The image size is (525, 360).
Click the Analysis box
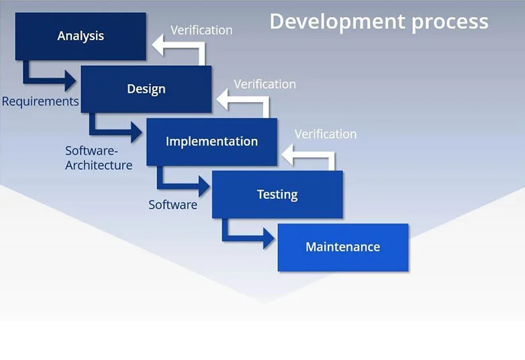[x=81, y=36]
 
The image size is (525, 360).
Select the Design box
[x=146, y=89]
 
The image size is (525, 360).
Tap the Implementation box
[x=211, y=142]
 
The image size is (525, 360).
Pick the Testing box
[x=277, y=194]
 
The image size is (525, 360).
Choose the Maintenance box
[x=343, y=247]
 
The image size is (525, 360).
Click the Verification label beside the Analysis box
[x=201, y=30]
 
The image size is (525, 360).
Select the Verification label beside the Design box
[x=265, y=84]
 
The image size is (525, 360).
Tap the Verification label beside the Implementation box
[x=326, y=134]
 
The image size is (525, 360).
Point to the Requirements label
[x=40, y=101]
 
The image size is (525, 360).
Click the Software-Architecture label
[x=99, y=158]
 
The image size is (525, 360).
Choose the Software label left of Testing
[x=173, y=205]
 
